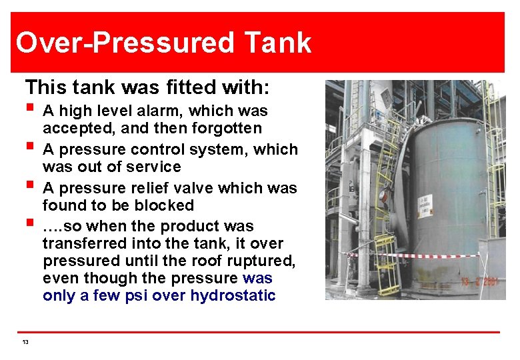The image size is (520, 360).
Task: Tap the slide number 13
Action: coord(25,343)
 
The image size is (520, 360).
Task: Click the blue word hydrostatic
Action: coord(233,295)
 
